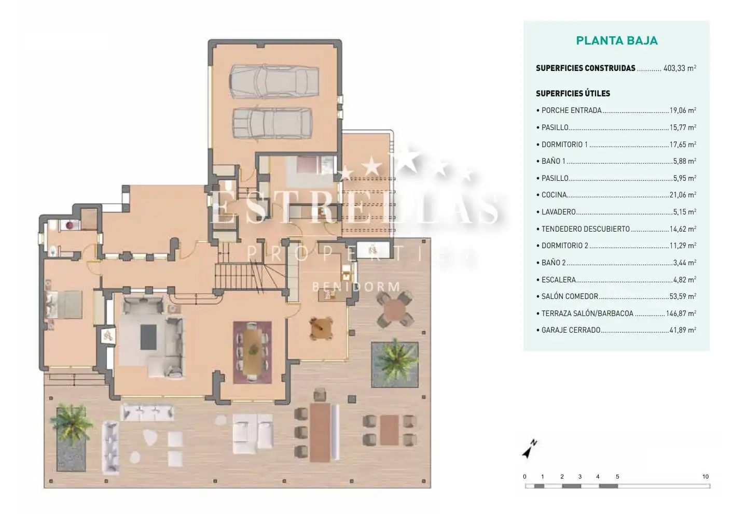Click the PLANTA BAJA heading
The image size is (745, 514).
tap(617, 40)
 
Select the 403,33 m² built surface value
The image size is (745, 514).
tap(680, 68)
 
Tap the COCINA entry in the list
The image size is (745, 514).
tap(554, 195)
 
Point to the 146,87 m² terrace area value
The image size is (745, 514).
tap(681, 313)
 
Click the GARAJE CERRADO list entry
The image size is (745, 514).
tap(571, 330)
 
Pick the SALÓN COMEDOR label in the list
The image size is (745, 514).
tap(570, 296)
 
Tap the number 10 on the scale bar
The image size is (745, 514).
tap(705, 477)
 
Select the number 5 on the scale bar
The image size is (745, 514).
tap(617, 477)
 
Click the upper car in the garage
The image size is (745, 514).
tap(274, 81)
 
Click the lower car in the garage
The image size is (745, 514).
tap(272, 123)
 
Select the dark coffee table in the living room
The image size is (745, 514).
tap(148, 337)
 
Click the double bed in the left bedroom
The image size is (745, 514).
tap(64, 305)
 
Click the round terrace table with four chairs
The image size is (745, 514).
tap(395, 309)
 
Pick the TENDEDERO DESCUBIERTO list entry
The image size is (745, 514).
tap(585, 229)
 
